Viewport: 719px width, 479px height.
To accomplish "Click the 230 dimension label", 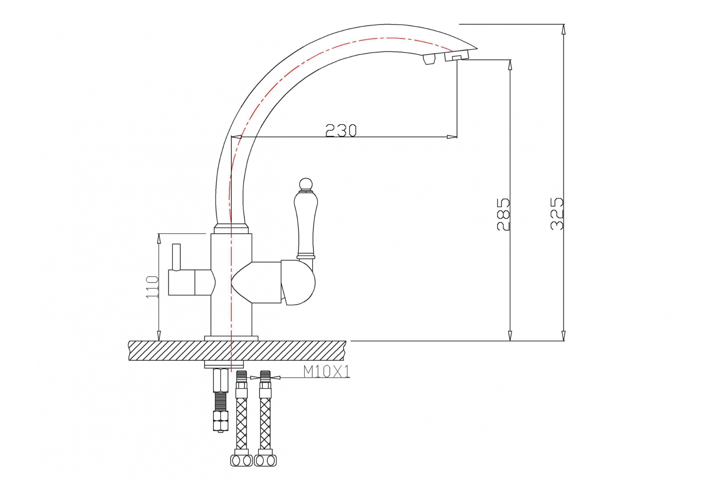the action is tap(341, 130).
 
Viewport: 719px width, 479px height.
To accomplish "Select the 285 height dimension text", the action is tap(503, 214).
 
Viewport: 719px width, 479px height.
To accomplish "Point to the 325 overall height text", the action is tap(557, 214).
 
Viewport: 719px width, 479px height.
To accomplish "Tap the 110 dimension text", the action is tap(152, 287).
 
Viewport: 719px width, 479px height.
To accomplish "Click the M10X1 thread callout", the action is tap(326, 372).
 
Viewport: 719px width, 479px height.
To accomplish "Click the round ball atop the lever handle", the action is tap(306, 185).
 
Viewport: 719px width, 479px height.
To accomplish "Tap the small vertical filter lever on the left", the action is tap(176, 257).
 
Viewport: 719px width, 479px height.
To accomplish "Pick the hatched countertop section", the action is tap(237, 350).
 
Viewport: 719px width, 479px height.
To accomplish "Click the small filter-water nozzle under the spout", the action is tap(429, 59).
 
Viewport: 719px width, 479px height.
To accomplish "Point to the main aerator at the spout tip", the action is tap(457, 56).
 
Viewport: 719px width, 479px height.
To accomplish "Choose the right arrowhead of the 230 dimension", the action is tap(452, 137).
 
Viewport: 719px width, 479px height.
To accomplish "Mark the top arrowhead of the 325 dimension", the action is tap(564, 29).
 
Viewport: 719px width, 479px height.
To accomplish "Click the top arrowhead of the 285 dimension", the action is tap(510, 65).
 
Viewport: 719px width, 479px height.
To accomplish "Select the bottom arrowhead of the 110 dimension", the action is tap(159, 336).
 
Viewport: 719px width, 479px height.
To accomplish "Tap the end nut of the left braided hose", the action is tap(241, 461).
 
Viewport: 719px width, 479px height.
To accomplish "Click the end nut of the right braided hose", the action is tap(265, 461).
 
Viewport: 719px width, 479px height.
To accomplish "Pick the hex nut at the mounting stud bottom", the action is tap(221, 421).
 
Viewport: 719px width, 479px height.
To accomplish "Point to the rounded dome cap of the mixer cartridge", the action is tap(299, 283).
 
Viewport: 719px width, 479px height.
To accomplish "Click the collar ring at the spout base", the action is tap(231, 229).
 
